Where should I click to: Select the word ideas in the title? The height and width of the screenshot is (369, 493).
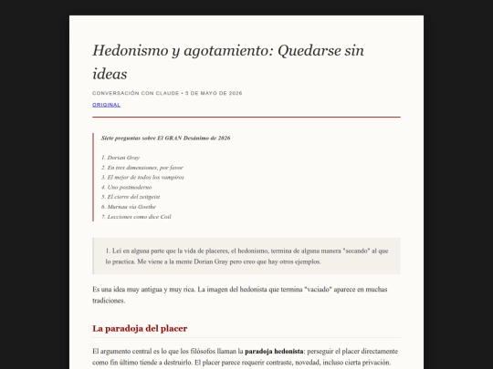click(110, 73)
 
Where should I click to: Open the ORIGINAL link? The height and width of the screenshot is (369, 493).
click(106, 105)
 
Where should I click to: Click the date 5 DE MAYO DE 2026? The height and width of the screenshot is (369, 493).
click(213, 93)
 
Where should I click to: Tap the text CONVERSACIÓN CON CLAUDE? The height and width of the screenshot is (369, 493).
click(136, 93)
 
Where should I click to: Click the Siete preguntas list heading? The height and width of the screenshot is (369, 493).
click(165, 138)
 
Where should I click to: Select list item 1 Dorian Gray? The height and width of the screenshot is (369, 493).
click(122, 158)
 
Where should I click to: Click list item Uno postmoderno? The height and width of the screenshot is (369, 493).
click(127, 187)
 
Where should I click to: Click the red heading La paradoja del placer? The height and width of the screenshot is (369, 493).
click(140, 328)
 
